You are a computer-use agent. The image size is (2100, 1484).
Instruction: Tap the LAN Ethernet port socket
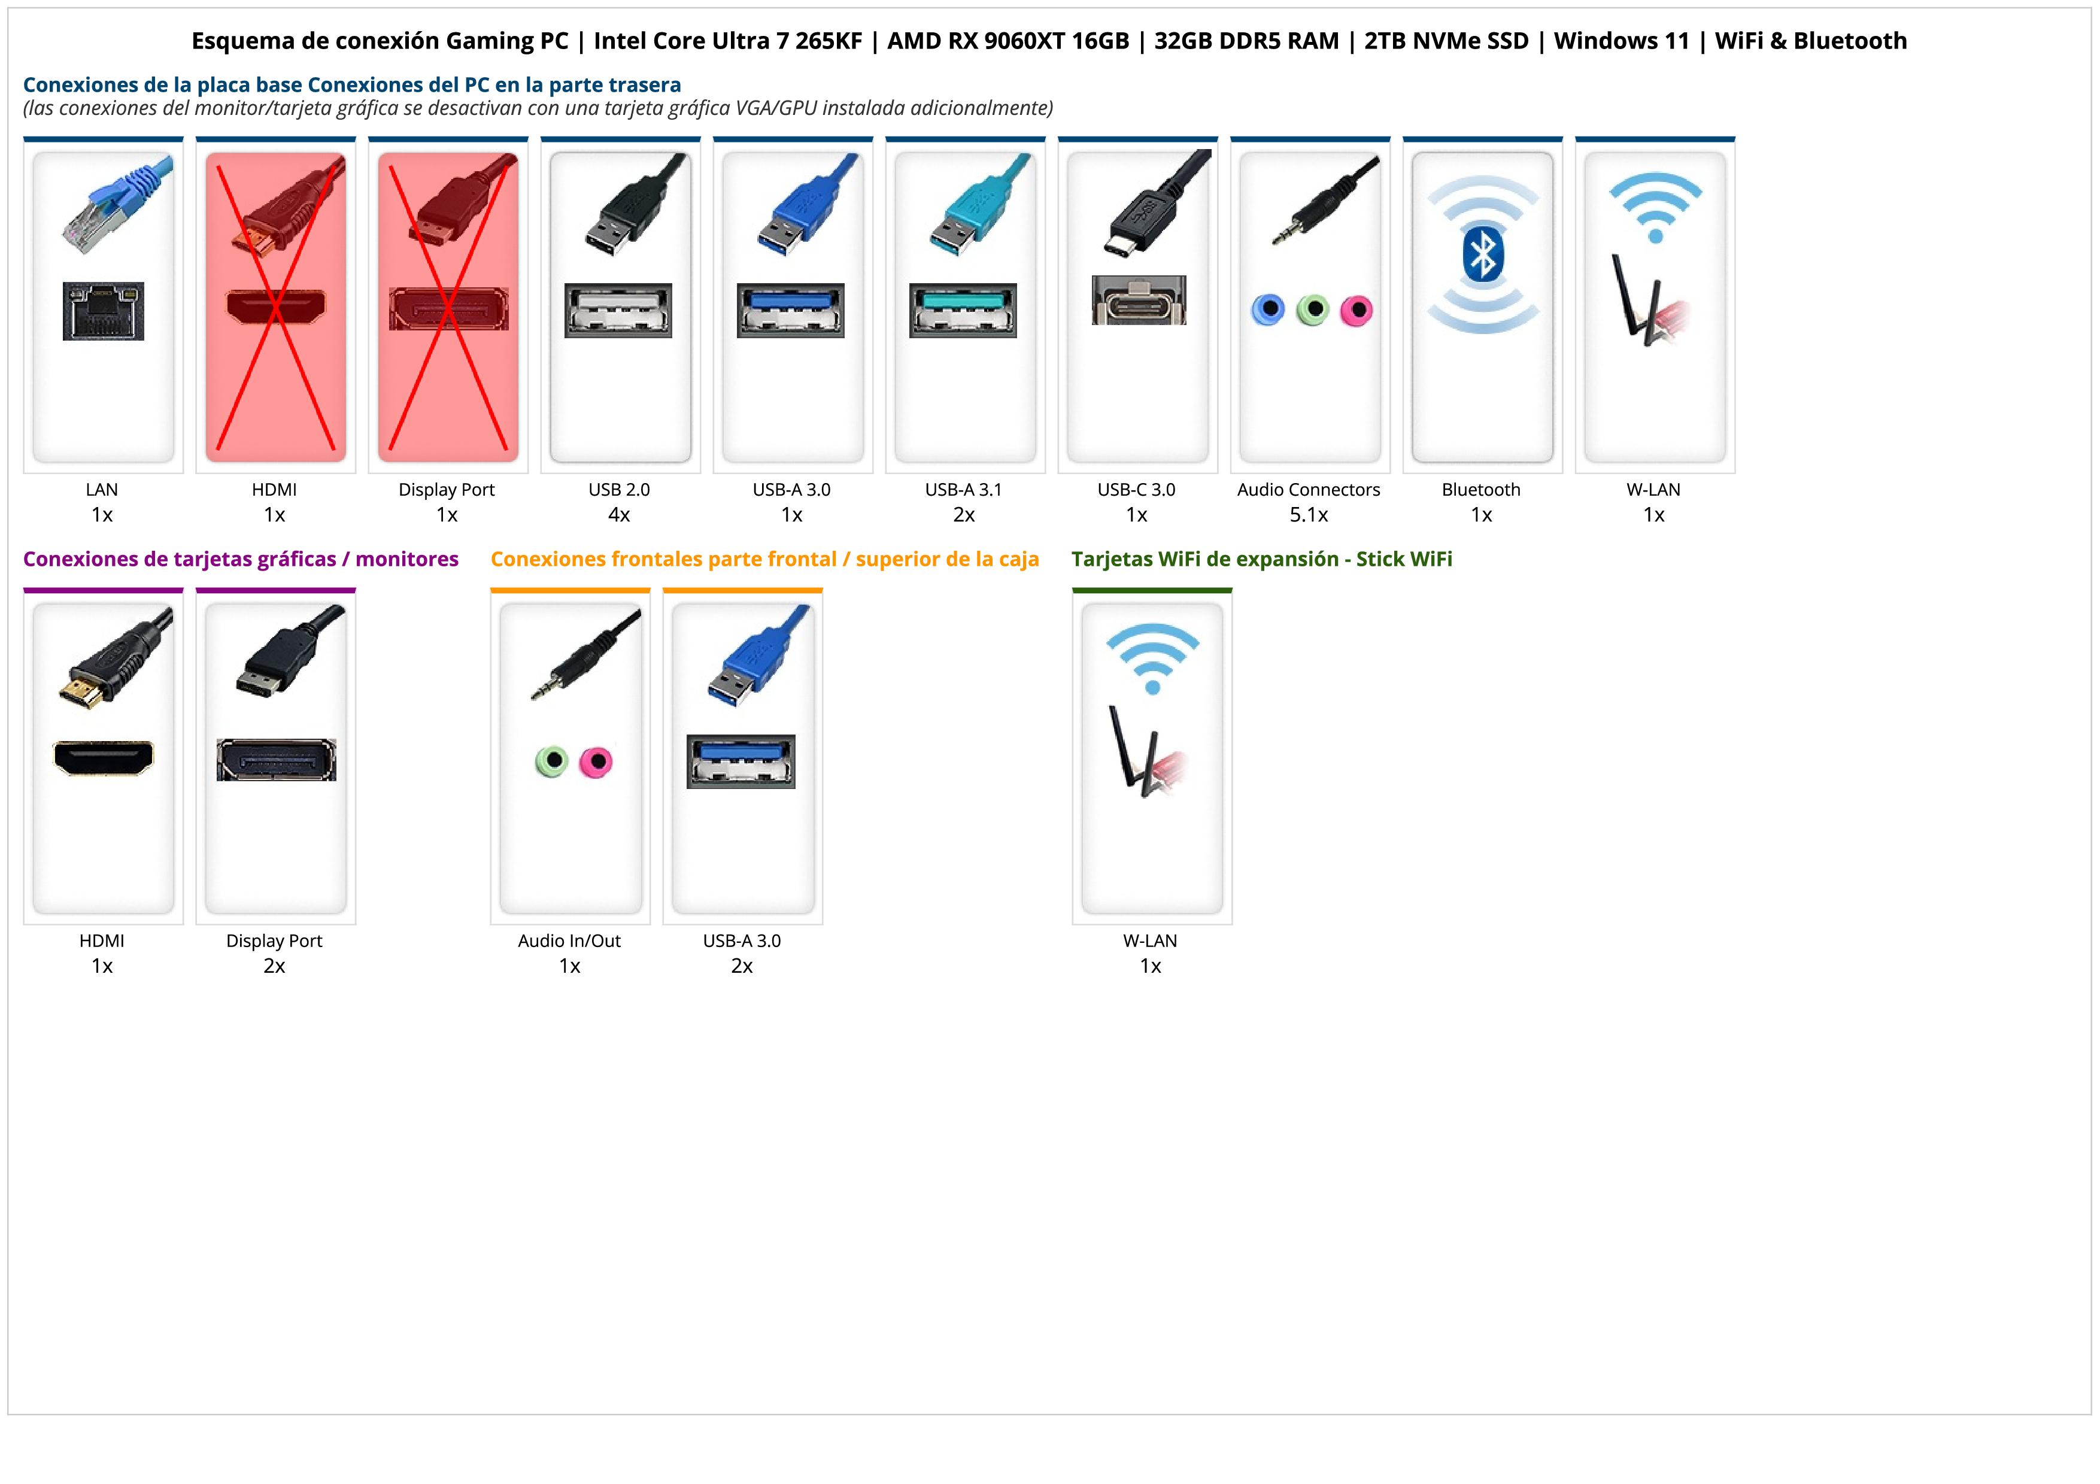pos(104,311)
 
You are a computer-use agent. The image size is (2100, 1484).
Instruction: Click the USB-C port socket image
pos(1138,300)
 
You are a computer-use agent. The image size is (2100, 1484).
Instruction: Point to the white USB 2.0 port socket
pos(618,310)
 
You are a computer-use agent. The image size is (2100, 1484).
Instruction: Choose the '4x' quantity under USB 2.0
pos(619,515)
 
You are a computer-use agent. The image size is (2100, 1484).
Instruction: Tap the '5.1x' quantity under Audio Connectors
pos(1309,515)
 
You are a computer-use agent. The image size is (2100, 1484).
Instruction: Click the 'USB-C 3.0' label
pos(1136,489)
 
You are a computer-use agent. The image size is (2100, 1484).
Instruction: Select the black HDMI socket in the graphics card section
pos(104,758)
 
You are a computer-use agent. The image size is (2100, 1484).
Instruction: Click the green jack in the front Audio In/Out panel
pos(551,761)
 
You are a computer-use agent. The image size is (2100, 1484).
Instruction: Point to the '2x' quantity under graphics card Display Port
pos(274,966)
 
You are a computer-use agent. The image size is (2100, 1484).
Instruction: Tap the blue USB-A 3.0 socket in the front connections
pos(741,761)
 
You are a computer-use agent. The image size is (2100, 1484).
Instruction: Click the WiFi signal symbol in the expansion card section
pos(1152,658)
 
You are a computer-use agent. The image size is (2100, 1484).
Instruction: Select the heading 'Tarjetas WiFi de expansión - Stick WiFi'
pos(1261,559)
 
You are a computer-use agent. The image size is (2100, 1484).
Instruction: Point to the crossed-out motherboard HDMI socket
pos(275,307)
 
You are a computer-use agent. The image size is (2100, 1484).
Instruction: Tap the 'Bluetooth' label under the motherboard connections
pos(1481,489)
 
